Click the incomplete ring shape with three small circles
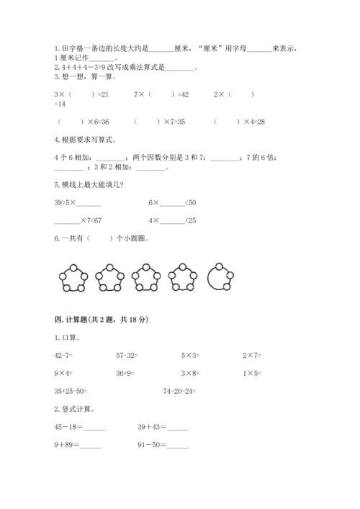220,277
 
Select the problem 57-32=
128,355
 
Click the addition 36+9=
127,373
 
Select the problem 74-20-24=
180,391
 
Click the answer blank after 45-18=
94,429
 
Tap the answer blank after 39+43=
177,429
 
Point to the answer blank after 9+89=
91,447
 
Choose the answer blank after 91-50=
177,447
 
